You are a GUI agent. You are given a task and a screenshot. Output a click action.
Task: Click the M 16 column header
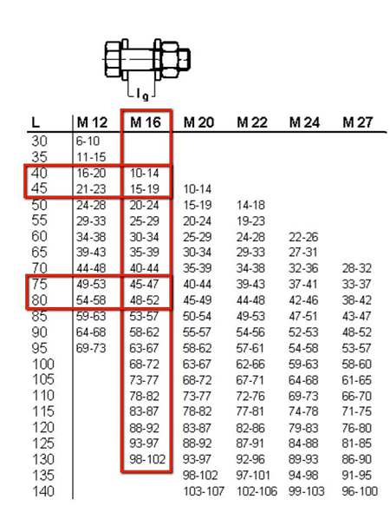146,122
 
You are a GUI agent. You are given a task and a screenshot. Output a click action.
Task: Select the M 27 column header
357,122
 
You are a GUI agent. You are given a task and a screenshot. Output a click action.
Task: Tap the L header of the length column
36,122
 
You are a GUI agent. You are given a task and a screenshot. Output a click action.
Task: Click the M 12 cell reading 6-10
88,141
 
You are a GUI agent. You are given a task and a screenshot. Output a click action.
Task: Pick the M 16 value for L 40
145,174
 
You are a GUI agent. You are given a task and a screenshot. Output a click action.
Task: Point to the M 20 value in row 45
198,189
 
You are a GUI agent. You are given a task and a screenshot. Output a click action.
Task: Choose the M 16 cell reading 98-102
147,459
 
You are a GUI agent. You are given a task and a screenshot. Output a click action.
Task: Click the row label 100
43,364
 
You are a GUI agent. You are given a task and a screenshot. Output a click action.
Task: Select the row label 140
43,491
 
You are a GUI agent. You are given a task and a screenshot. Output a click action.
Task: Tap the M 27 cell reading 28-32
357,268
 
